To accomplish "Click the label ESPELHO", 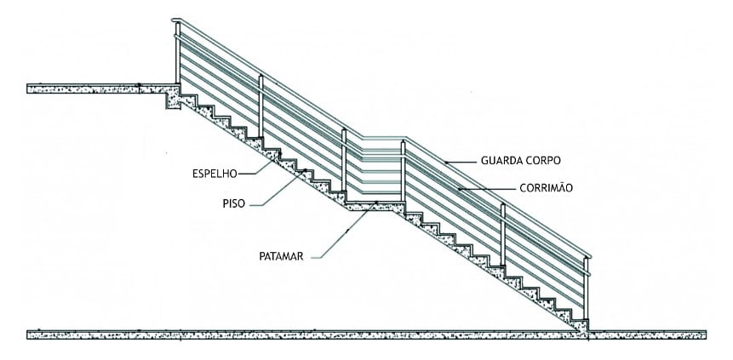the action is coord(215,174).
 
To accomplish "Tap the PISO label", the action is coord(234,204).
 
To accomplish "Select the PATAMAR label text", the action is coord(282,256).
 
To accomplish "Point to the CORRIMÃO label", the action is coord(546,187).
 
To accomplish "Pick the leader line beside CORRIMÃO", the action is coord(487,189).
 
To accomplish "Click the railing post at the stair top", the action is coord(178,52).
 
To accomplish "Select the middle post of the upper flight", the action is coord(261,106).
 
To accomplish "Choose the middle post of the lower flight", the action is coord(503,235).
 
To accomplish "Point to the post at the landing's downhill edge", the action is coord(403,171).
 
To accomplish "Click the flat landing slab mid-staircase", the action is coord(375,206).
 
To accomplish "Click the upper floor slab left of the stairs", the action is coord(103,89).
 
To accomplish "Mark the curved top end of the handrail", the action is coord(175,20).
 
